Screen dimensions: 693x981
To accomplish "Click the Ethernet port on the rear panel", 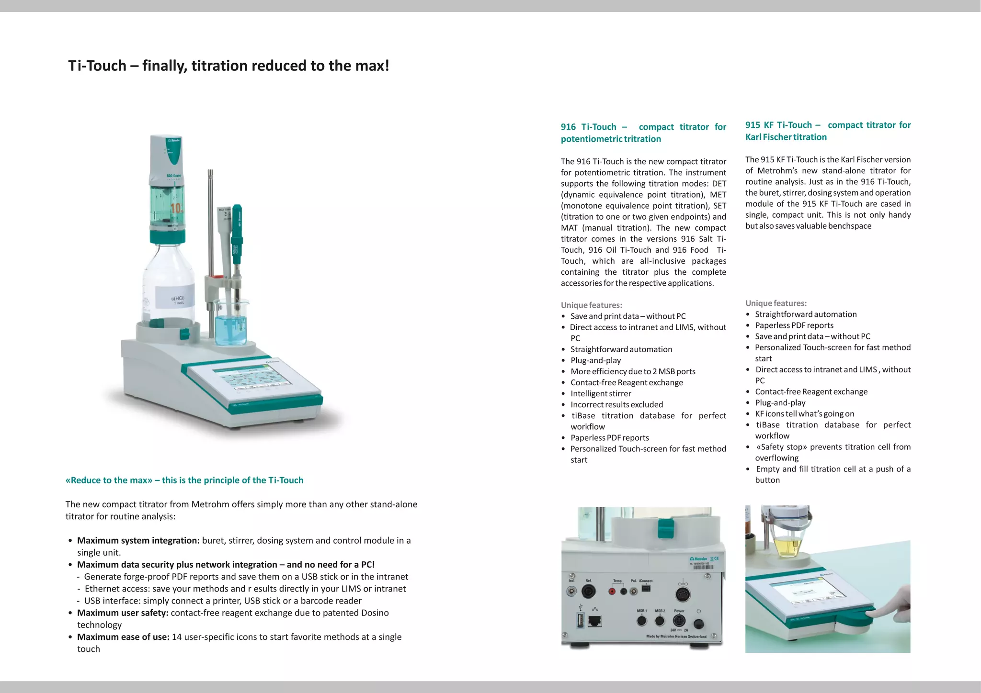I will click(594, 621).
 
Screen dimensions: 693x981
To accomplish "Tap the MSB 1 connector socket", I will click(642, 621).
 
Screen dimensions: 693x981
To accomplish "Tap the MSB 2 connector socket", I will click(660, 621).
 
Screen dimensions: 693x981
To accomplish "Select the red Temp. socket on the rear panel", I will click(612, 592).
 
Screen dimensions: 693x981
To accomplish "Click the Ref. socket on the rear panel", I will click(589, 592).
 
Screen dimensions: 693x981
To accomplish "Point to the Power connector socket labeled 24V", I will click(679, 621).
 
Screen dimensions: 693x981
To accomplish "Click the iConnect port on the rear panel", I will click(646, 589).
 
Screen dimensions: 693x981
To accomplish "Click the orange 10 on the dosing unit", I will click(176, 208).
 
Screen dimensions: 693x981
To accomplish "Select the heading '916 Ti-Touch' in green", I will click(589, 127).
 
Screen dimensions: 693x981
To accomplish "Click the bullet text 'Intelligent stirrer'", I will click(601, 393).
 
